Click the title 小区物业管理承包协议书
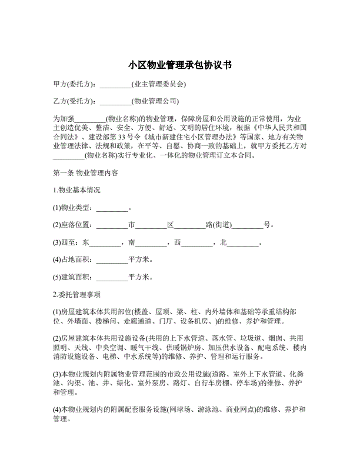[x=180, y=65]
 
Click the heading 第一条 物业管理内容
[x=86, y=174]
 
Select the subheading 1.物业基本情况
[x=76, y=190]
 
